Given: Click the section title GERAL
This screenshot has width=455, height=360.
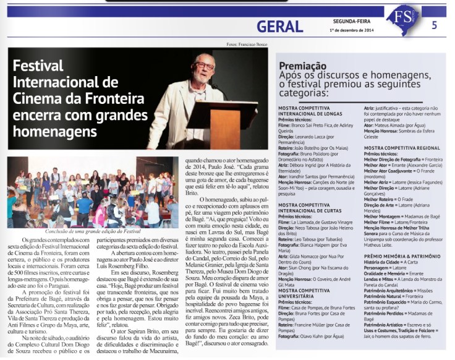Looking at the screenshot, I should [280, 25].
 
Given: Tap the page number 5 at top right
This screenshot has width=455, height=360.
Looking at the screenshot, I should [434, 25].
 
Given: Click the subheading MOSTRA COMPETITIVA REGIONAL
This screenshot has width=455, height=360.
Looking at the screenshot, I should [402, 148].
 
